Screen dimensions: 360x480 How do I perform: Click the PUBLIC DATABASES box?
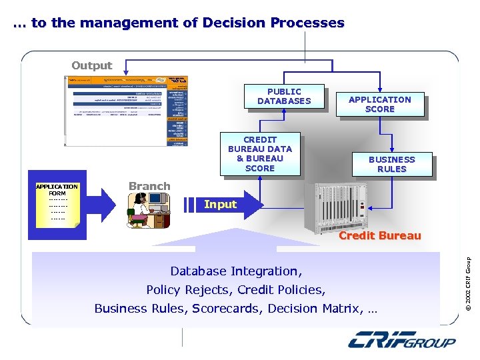[284, 97]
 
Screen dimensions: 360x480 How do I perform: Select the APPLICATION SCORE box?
[380, 105]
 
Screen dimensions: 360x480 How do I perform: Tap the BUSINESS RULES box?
[391, 165]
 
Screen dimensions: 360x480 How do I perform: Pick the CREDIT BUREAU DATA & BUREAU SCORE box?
[259, 155]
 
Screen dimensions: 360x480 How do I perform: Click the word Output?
[91, 65]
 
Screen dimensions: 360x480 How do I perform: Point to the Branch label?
[149, 186]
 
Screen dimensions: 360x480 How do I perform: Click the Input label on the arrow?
[220, 204]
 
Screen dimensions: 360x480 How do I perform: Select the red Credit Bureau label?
[379, 235]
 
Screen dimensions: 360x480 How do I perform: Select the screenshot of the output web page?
[127, 111]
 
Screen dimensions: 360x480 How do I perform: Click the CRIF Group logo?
[402, 341]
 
